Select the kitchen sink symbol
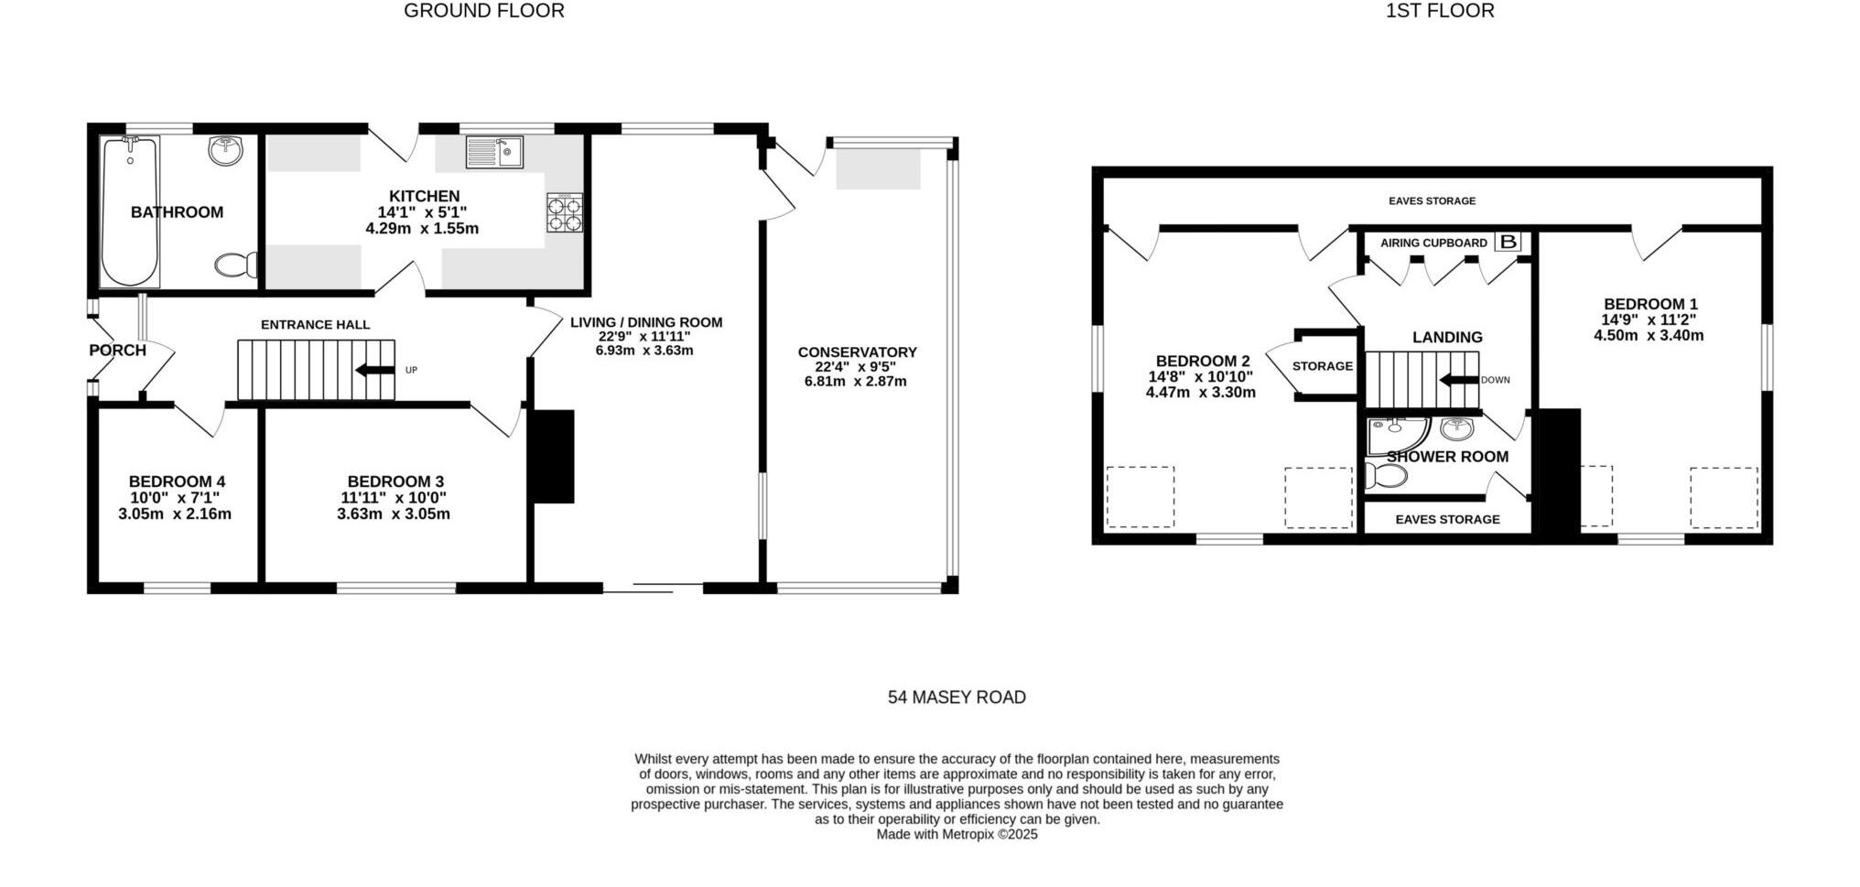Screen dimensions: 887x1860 tap(493, 152)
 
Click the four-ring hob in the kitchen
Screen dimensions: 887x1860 tap(565, 212)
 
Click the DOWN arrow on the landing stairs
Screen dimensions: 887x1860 tap(1459, 380)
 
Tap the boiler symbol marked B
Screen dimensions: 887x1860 tap(1508, 243)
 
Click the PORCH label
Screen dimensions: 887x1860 tap(117, 351)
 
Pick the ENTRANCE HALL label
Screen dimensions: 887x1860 tap(315, 325)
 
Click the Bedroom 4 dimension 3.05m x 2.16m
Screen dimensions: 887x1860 tap(175, 514)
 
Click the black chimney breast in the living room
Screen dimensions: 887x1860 tap(554, 456)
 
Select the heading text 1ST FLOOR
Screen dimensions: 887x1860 tap(1440, 11)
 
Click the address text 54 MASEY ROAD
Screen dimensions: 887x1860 tap(957, 698)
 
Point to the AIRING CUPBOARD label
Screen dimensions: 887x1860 tap(1433, 243)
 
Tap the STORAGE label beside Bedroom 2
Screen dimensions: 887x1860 tap(1322, 366)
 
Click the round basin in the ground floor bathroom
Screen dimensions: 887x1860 tap(226, 150)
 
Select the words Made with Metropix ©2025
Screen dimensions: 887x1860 tap(957, 835)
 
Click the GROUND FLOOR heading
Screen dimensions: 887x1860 tap(483, 11)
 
